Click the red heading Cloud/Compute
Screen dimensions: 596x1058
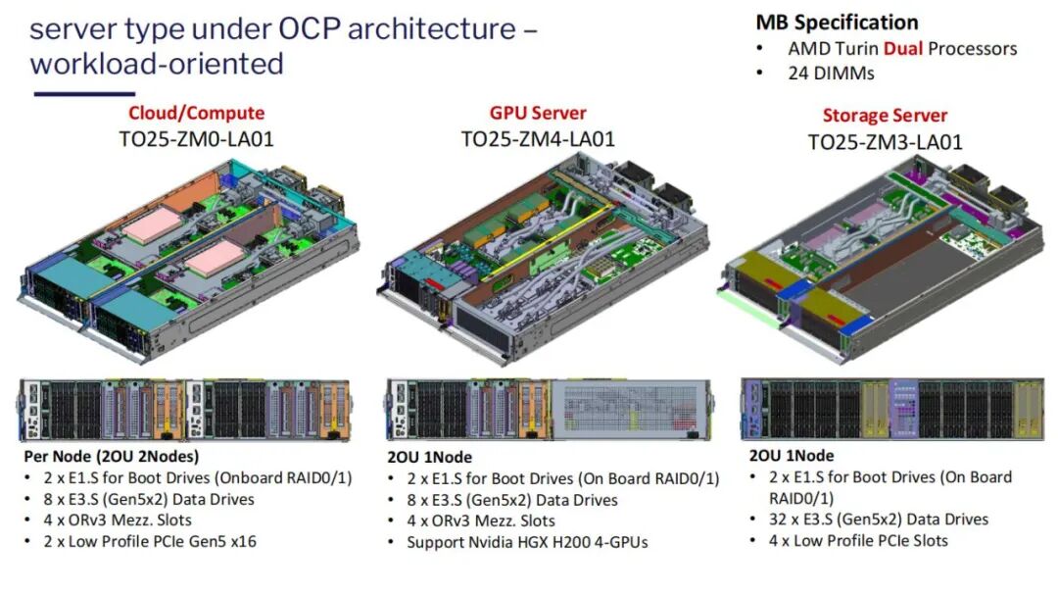(x=196, y=114)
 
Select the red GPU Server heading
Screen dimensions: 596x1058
(x=538, y=114)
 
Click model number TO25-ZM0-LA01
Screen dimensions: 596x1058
(x=196, y=139)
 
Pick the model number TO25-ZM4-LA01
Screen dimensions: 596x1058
(x=538, y=139)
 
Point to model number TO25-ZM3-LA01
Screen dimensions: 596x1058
(x=885, y=142)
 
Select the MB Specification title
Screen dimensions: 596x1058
(x=837, y=23)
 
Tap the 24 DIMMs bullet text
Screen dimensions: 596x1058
(x=831, y=73)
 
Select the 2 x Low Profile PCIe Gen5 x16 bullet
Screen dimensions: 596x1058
(x=150, y=540)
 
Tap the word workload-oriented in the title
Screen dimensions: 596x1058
(x=157, y=64)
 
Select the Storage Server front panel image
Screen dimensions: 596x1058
(x=891, y=407)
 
